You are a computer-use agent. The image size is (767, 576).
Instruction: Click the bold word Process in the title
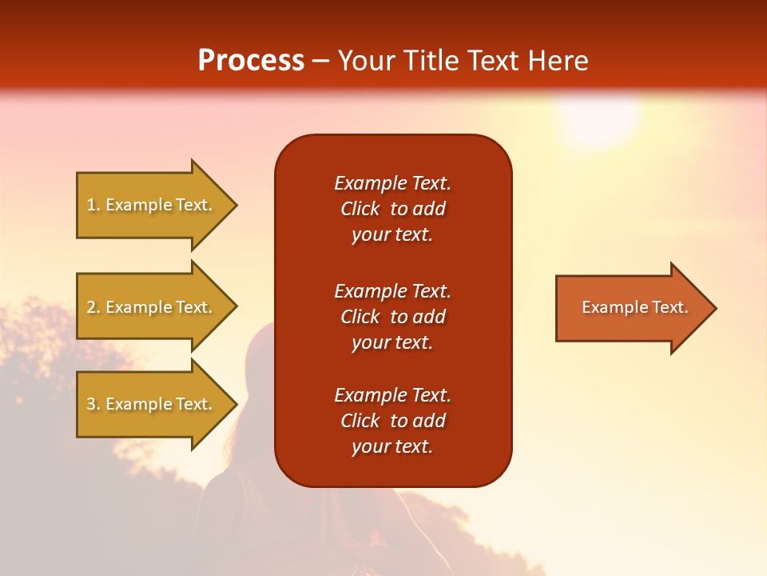point(251,61)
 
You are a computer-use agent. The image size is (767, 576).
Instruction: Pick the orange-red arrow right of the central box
point(634,308)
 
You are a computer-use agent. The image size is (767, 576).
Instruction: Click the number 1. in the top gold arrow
point(93,205)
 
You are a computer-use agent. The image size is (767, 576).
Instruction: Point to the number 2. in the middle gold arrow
point(93,307)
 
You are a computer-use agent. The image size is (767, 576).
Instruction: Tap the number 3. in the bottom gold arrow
point(93,404)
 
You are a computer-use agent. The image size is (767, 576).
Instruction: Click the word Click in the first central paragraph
point(360,210)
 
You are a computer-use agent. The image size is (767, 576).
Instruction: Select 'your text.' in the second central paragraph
point(392,342)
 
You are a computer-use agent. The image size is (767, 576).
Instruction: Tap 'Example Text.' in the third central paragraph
point(392,395)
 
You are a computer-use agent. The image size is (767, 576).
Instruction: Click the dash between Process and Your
point(321,61)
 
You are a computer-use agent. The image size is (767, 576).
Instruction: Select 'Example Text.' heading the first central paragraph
point(392,183)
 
